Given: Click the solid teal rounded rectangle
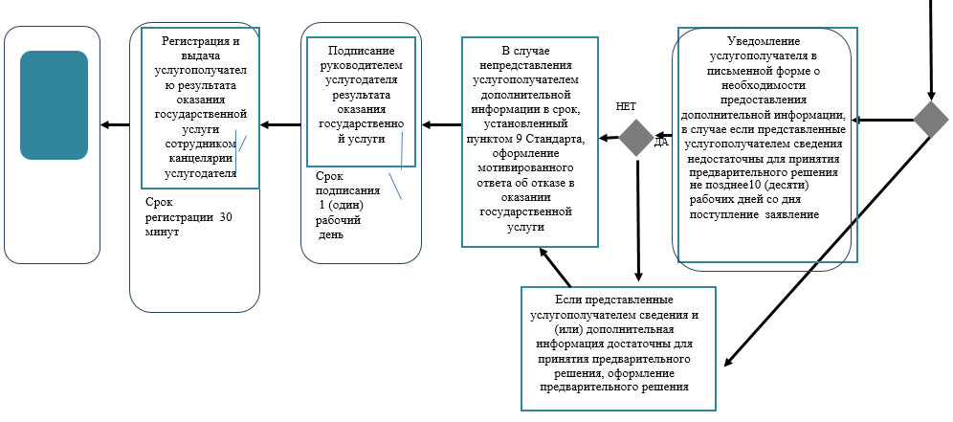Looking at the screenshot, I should tap(54, 104).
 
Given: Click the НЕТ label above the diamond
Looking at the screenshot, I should tap(626, 107).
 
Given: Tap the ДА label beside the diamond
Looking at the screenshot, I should tap(660, 143).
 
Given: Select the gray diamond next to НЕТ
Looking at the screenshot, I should tap(636, 138).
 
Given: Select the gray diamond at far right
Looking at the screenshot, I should tap(930, 120).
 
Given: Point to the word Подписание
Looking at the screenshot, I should tap(361, 50).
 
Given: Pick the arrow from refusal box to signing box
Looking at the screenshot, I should tap(441, 124).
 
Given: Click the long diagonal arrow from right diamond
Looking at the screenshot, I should tap(823, 253).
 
